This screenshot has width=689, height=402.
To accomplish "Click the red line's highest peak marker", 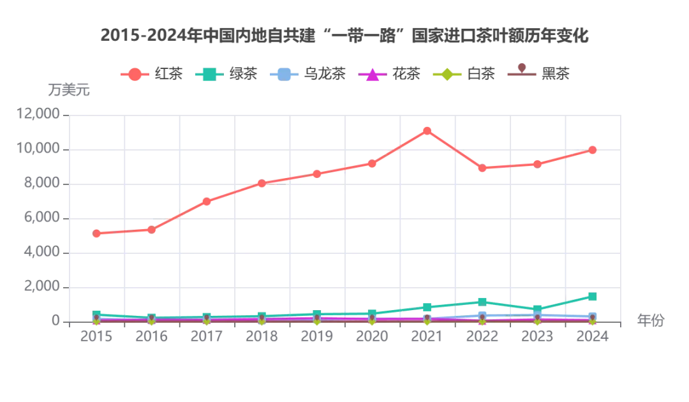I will [427, 131].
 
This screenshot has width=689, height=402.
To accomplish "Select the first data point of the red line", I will [97, 234].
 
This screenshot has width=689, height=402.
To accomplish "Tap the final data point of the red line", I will [592, 150].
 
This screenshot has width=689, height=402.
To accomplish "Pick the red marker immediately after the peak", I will [483, 168].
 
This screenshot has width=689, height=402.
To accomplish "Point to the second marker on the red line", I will [152, 229].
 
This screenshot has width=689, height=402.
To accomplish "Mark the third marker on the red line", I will [207, 202].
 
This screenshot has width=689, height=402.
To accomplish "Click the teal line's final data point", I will [592, 296].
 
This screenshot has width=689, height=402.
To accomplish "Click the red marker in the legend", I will [134, 74].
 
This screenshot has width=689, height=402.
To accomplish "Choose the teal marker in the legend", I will [211, 74].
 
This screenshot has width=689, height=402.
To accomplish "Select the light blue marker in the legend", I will [285, 74].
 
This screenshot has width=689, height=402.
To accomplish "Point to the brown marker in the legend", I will [521, 71].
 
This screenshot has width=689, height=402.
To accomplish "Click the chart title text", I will [344, 36].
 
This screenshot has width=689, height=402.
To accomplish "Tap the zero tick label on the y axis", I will [56, 318].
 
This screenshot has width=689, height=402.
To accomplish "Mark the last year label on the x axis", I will [592, 334].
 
